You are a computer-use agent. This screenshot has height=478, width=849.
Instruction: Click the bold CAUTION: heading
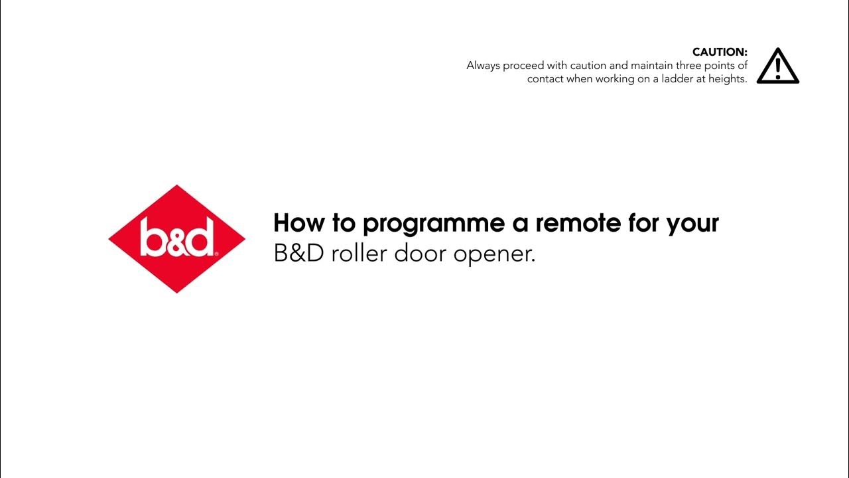tap(720, 52)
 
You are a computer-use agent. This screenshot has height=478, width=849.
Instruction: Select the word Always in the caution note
tap(483, 66)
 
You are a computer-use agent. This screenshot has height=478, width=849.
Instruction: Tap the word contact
tap(545, 79)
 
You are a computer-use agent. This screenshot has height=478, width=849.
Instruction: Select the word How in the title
tap(300, 223)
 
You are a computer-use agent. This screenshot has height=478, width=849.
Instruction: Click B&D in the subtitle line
tap(298, 254)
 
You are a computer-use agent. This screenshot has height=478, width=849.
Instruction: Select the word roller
tap(359, 254)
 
